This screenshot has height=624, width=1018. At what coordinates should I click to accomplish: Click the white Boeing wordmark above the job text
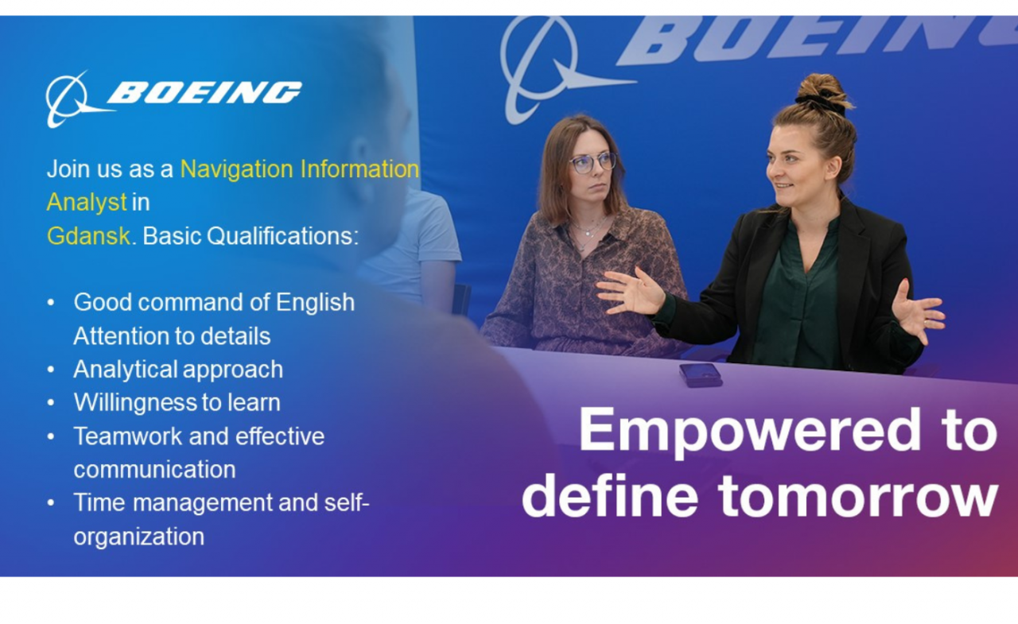[204, 93]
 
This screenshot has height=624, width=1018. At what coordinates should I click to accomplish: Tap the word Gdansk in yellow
[88, 236]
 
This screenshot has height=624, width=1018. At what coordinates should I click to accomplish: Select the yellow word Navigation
[237, 170]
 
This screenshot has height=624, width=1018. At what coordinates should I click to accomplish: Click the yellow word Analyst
[87, 203]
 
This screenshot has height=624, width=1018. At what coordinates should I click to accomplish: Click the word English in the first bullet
[315, 303]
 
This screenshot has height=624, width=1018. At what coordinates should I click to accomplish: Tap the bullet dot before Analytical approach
[51, 369]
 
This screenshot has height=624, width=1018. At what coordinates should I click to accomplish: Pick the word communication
[154, 470]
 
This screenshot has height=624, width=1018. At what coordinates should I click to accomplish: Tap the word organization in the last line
[138, 537]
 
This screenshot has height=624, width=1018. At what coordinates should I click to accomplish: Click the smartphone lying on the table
[701, 375]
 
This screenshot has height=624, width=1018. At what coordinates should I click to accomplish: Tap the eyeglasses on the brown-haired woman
[593, 163]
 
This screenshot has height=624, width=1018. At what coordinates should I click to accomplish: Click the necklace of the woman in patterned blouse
[589, 231]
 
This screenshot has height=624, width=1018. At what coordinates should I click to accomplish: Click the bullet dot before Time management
[51, 502]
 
